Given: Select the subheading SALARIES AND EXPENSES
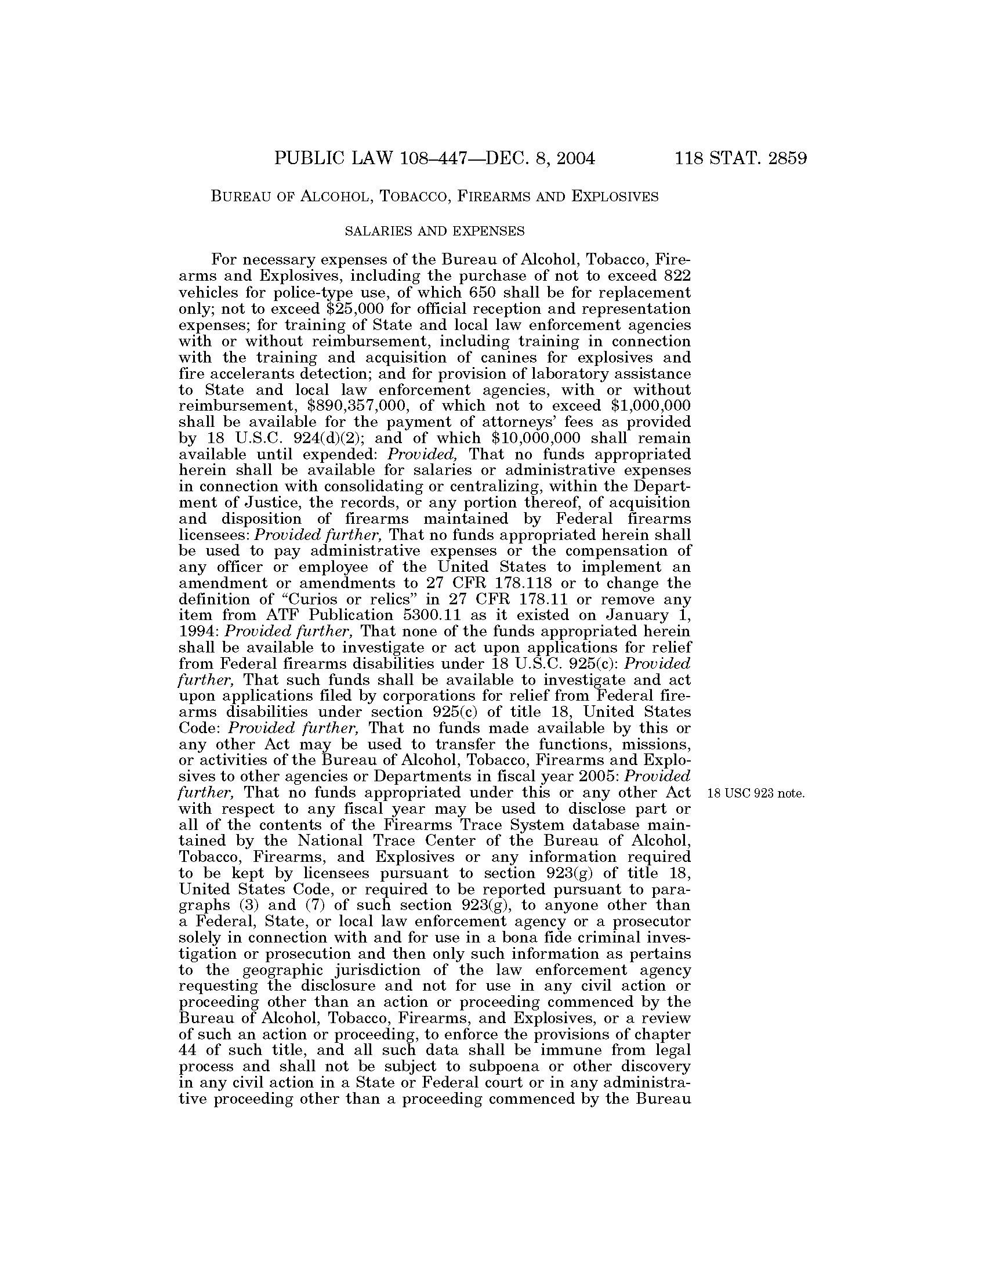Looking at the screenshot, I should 434,231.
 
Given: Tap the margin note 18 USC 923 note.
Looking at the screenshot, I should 756,793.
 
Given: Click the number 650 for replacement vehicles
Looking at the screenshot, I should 483,292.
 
